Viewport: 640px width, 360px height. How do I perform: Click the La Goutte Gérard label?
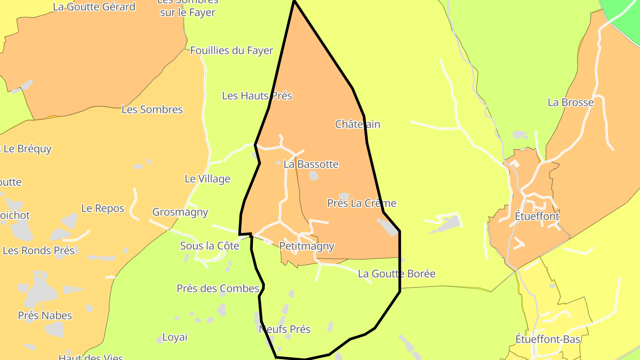pyautogui.click(x=94, y=7)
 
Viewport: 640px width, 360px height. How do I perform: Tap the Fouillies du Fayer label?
pyautogui.click(x=232, y=51)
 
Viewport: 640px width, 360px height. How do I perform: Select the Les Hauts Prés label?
pyautogui.click(x=257, y=96)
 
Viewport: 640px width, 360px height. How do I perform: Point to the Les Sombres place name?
pyautogui.click(x=152, y=109)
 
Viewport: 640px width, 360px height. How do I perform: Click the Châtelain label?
pyautogui.click(x=358, y=124)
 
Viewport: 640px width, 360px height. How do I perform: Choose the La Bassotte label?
pyautogui.click(x=311, y=164)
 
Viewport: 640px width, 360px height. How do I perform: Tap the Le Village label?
pyautogui.click(x=208, y=179)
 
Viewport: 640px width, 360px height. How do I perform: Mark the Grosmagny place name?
pyautogui.click(x=180, y=212)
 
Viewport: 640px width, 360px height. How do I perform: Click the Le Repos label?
pyautogui.click(x=103, y=208)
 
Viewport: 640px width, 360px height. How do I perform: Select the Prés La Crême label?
pyautogui.click(x=362, y=203)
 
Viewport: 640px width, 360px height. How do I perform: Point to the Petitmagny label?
pyautogui.click(x=307, y=246)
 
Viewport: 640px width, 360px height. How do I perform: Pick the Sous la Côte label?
pyautogui.click(x=210, y=246)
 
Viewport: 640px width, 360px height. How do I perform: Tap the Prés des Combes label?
pyautogui.click(x=218, y=288)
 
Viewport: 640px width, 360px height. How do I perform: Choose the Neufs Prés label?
pyautogui.click(x=284, y=329)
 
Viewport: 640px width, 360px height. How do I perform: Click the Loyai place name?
pyautogui.click(x=175, y=337)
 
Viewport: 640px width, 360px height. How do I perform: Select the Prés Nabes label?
pyautogui.click(x=45, y=316)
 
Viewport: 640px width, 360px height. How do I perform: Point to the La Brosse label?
pyautogui.click(x=571, y=102)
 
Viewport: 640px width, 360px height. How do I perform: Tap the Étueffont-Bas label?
pyautogui.click(x=548, y=339)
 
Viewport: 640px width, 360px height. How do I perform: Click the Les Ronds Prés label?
pyautogui.click(x=39, y=250)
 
